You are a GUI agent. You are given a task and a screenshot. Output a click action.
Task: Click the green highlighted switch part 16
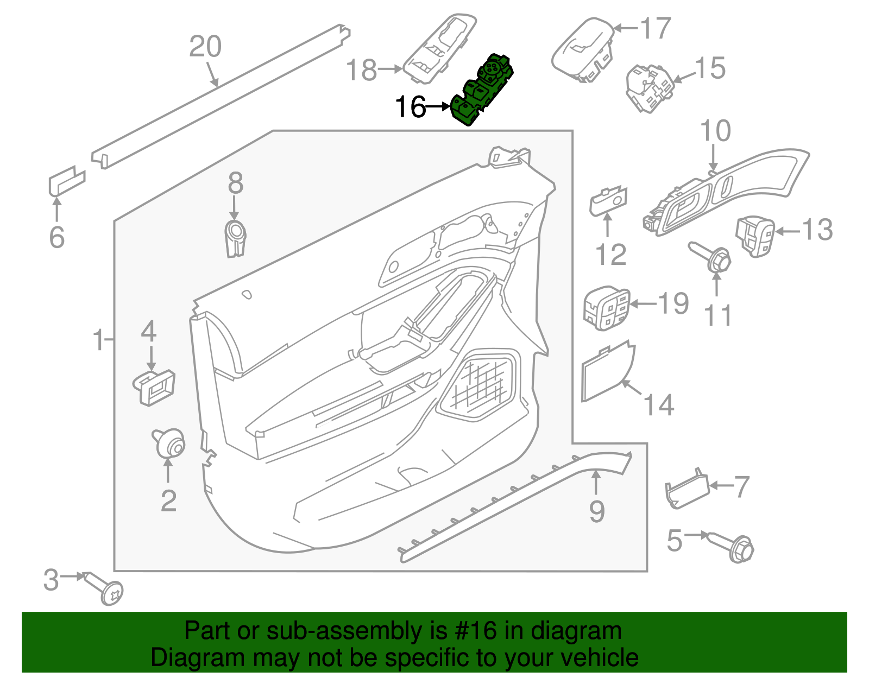pos(482,90)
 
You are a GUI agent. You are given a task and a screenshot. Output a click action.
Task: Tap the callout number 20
pos(205,47)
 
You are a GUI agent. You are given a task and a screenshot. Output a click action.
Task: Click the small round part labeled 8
pos(235,238)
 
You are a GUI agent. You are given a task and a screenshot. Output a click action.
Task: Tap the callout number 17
pos(656,28)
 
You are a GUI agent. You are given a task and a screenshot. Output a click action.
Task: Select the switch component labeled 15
pos(649,88)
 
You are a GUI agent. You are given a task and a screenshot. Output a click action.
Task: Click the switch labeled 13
pos(754,236)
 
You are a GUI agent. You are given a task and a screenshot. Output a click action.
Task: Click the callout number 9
pos(597,511)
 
